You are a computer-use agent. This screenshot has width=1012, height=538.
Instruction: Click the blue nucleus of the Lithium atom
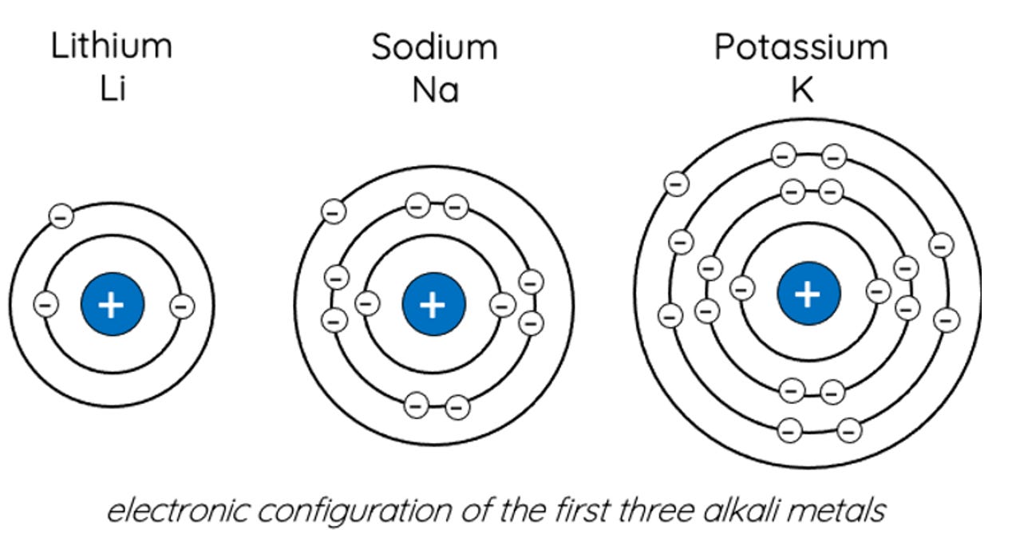pyautogui.click(x=113, y=304)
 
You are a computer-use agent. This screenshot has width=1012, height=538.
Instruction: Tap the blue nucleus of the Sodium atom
pyautogui.click(x=433, y=304)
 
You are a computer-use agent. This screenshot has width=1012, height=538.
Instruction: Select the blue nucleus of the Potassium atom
pyautogui.click(x=808, y=293)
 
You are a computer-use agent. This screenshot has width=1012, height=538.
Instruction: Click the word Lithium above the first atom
pyautogui.click(x=112, y=46)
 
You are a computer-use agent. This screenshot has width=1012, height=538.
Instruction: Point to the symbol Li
pyautogui.click(x=113, y=90)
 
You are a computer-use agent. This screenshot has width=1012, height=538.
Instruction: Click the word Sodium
pyautogui.click(x=434, y=46)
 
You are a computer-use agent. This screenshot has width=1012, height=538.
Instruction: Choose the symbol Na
pyautogui.click(x=435, y=90)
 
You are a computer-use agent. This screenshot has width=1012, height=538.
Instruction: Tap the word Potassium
pyautogui.click(x=801, y=46)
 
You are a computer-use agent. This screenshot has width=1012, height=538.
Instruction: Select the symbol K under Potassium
pyautogui.click(x=801, y=90)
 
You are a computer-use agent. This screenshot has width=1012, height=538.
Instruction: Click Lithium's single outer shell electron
pyautogui.click(x=61, y=216)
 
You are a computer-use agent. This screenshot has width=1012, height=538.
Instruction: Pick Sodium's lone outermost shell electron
pyautogui.click(x=334, y=211)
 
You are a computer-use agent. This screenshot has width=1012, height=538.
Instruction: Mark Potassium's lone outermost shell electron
pyautogui.click(x=676, y=184)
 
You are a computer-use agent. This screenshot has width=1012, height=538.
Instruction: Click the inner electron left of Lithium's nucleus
pyautogui.click(x=46, y=304)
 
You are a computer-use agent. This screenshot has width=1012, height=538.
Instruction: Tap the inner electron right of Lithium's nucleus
pyautogui.click(x=183, y=305)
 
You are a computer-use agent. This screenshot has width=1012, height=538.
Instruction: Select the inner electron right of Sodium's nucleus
pyautogui.click(x=502, y=304)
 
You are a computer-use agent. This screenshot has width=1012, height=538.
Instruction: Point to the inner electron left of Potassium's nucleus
pyautogui.click(x=742, y=288)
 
